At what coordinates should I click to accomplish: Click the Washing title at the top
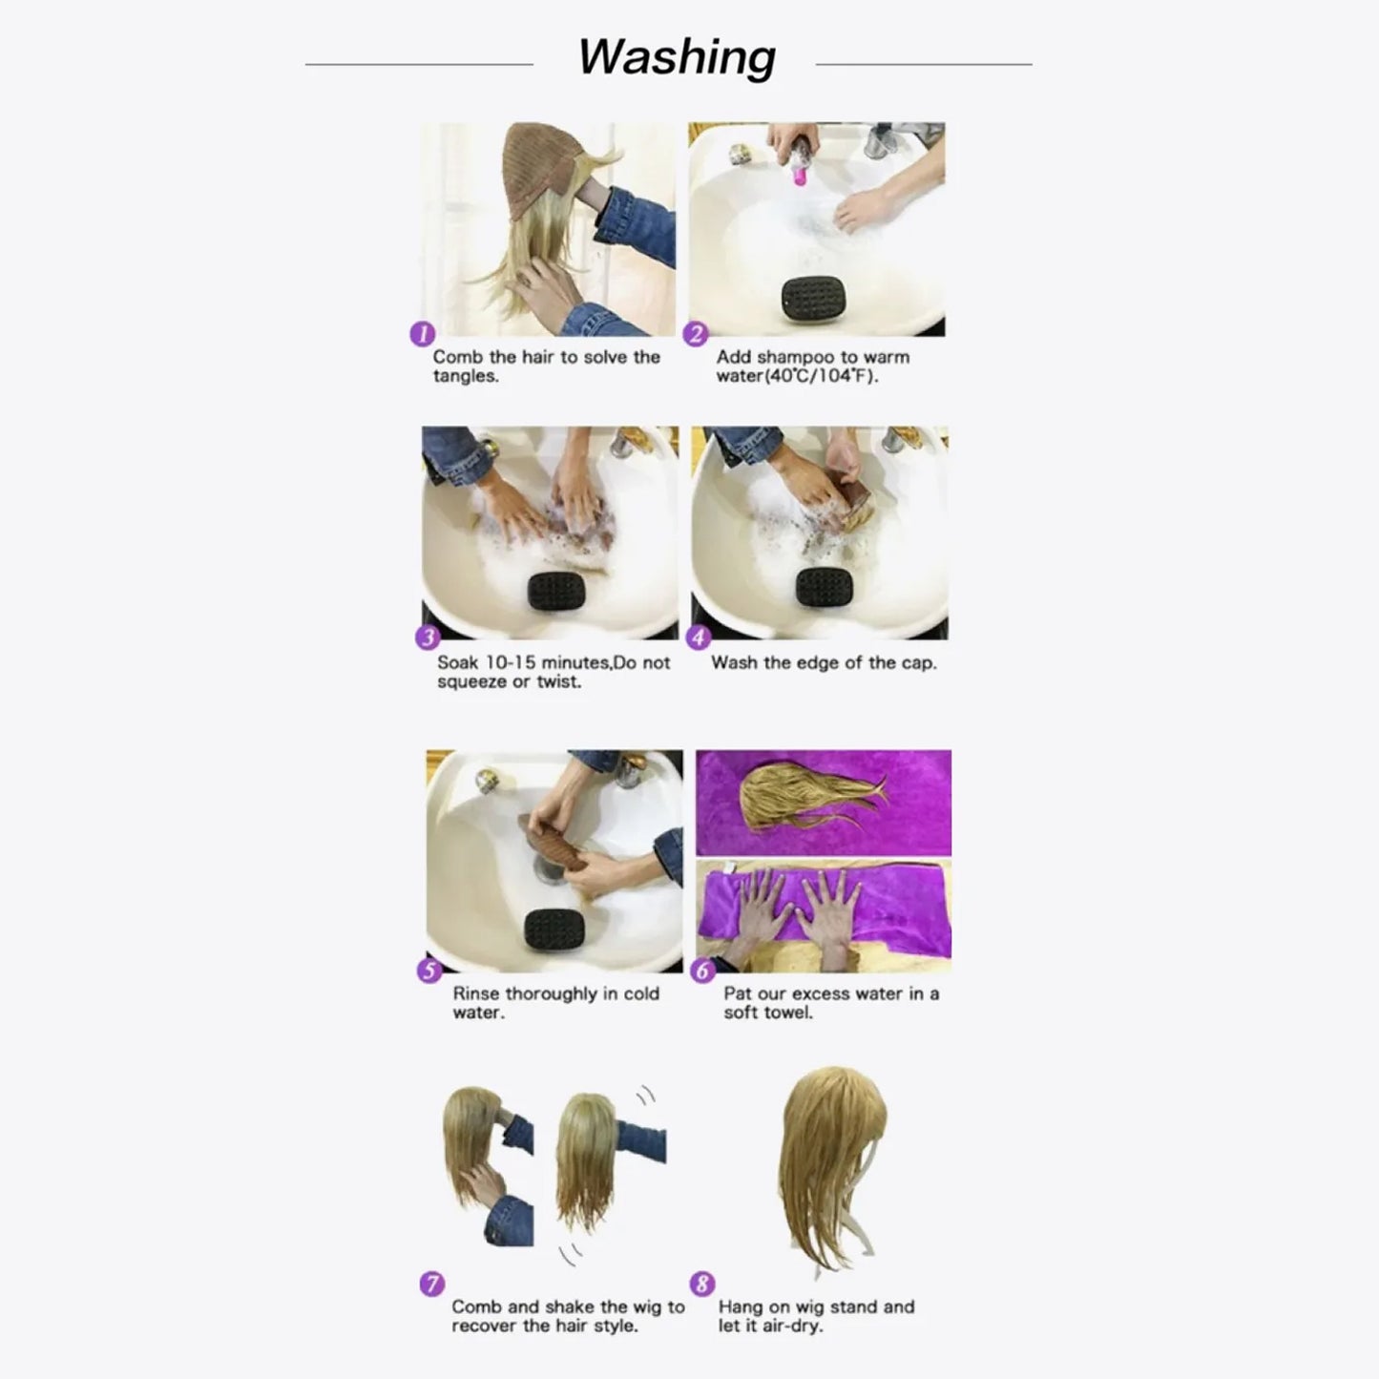click(x=676, y=57)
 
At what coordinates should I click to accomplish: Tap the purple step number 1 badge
click(x=422, y=334)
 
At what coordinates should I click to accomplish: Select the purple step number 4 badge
click(x=699, y=637)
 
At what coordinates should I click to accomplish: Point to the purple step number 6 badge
click(x=702, y=971)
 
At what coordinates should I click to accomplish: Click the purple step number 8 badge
click(x=702, y=1284)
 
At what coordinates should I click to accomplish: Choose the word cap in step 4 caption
click(x=916, y=662)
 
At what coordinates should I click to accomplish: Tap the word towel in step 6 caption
click(x=787, y=1013)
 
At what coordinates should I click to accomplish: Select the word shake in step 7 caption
click(x=569, y=1306)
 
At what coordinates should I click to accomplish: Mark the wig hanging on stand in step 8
click(x=830, y=1164)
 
